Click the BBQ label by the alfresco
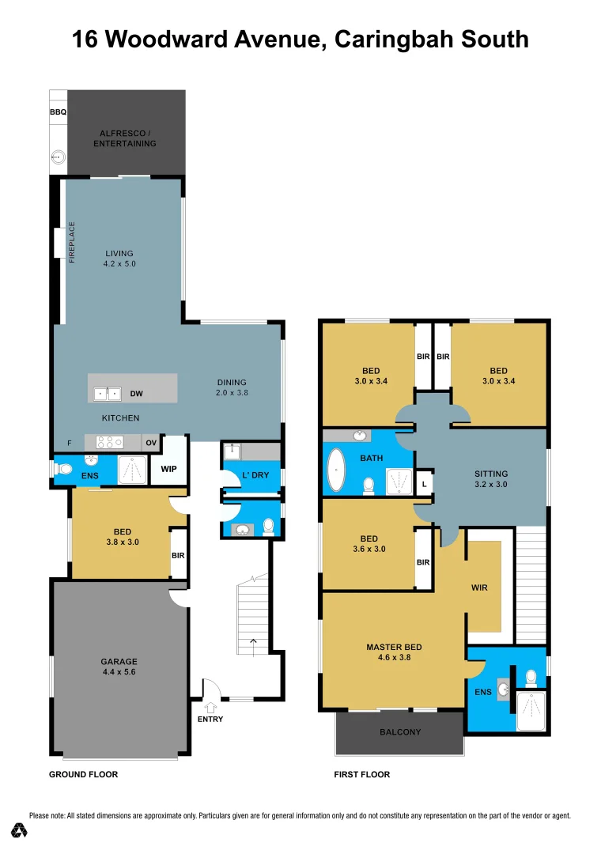click(58, 113)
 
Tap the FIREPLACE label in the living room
click(72, 242)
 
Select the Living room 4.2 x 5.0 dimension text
click(119, 264)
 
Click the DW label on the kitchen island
click(136, 393)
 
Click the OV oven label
click(151, 444)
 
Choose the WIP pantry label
click(168, 469)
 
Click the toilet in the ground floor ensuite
click(64, 469)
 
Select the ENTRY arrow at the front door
click(210, 707)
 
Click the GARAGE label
click(119, 662)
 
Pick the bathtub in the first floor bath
click(338, 471)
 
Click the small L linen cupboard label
click(425, 484)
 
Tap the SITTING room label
click(491, 474)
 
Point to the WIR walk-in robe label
click(479, 588)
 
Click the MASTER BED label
click(394, 647)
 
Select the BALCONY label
click(400, 732)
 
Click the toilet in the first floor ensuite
click(531, 677)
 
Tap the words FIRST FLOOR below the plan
click(362, 775)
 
